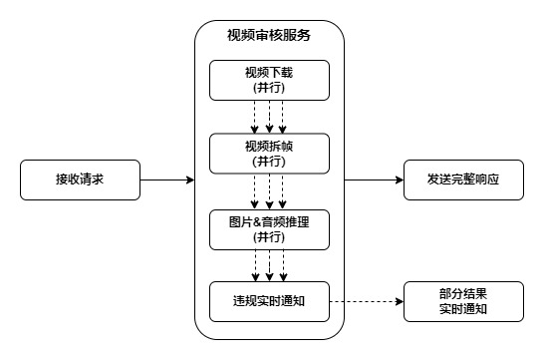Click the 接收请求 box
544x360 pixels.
[x=78, y=180]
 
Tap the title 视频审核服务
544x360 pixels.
[x=269, y=36]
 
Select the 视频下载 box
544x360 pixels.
[x=269, y=80]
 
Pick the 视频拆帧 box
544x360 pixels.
[x=269, y=155]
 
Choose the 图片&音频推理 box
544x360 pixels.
[x=269, y=228]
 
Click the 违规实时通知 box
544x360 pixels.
[x=269, y=302]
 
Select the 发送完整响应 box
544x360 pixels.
[x=462, y=180]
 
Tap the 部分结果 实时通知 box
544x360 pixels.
[x=462, y=302]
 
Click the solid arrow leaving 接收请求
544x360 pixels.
[x=164, y=180]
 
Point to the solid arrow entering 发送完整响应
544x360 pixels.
[x=374, y=180]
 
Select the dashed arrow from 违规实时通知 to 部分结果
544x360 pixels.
[x=365, y=302]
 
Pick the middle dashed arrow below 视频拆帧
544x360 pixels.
[x=269, y=191]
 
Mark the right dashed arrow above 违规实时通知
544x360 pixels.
[x=283, y=265]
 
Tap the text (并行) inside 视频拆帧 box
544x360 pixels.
[x=269, y=162]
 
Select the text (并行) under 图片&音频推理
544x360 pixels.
[x=269, y=236]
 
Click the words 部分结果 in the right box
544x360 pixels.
[x=462, y=295]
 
